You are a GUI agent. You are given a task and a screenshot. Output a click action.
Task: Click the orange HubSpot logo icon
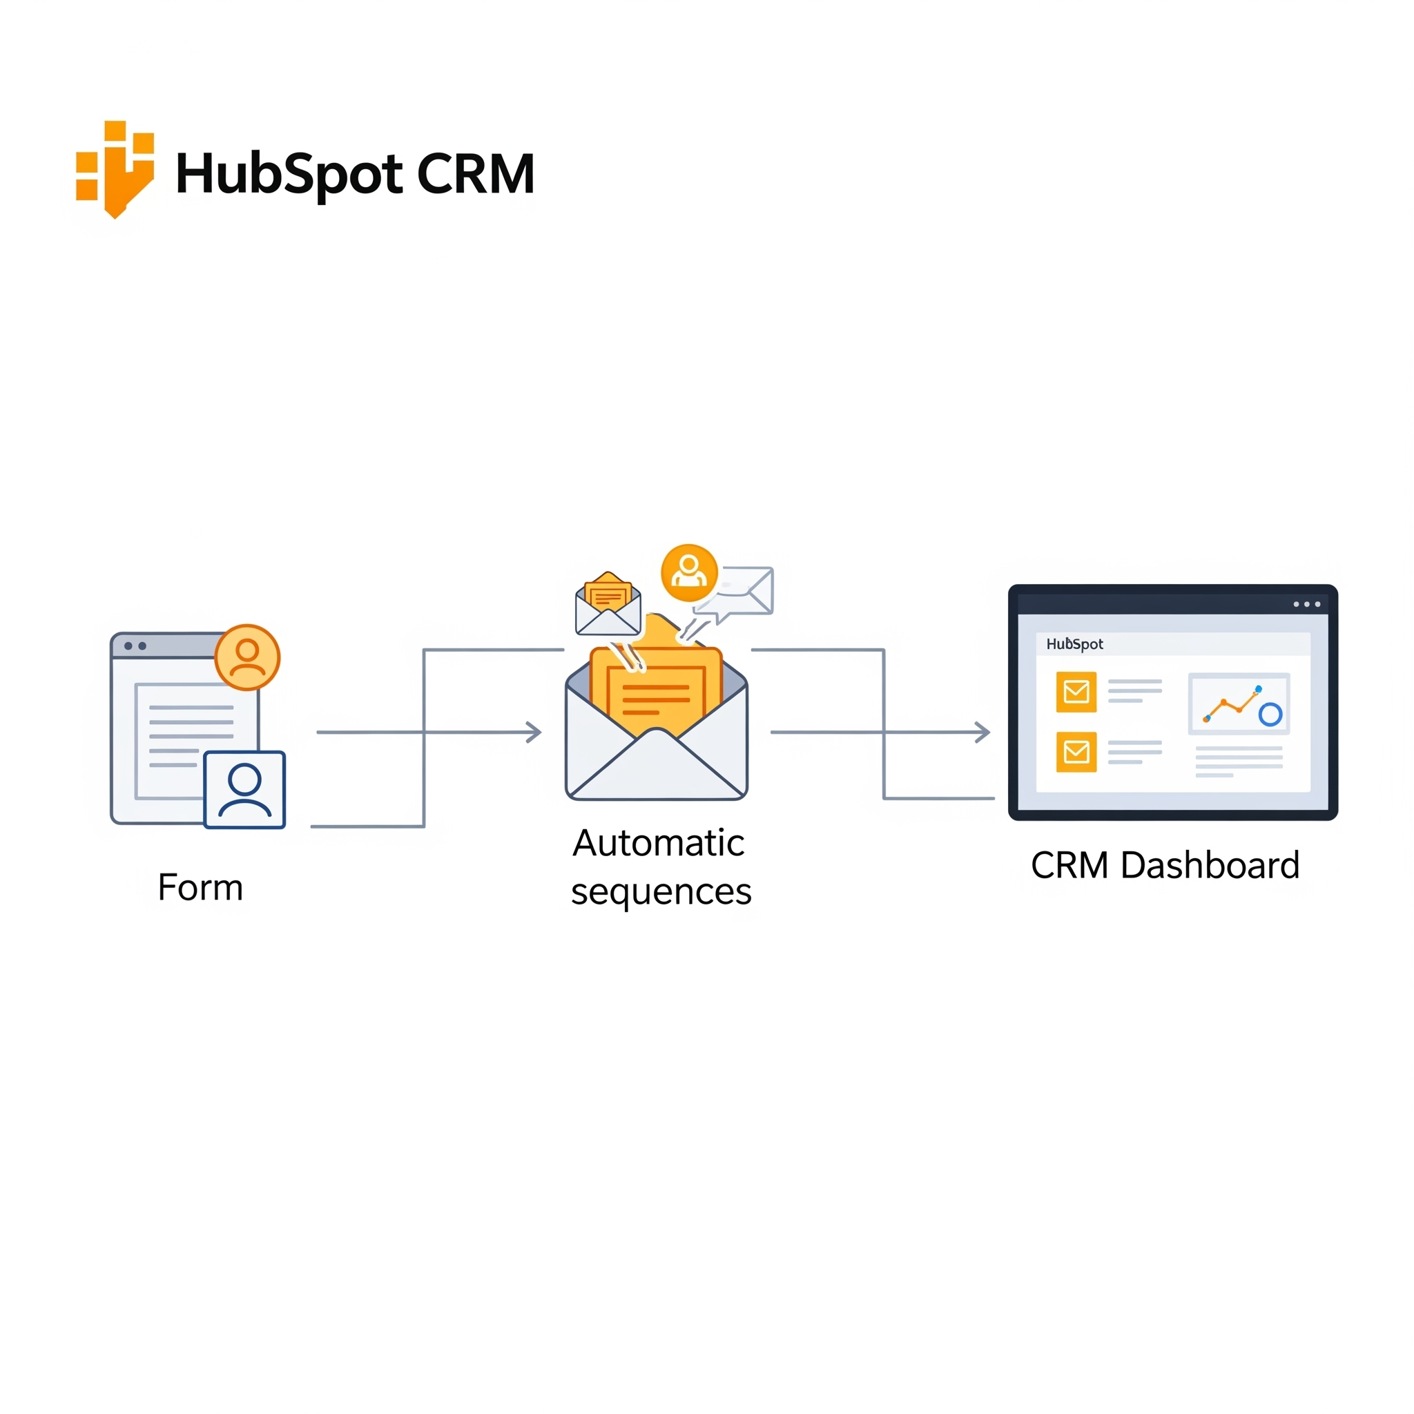(x=115, y=169)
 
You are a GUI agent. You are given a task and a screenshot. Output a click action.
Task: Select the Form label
(x=200, y=887)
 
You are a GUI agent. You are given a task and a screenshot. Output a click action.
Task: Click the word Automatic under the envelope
(x=658, y=842)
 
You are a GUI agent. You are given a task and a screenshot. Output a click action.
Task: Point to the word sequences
(x=661, y=891)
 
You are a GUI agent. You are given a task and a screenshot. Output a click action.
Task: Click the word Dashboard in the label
(x=1210, y=865)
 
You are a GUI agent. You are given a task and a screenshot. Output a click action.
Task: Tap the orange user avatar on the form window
(x=247, y=657)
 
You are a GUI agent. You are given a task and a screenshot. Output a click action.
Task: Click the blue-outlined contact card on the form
(x=244, y=789)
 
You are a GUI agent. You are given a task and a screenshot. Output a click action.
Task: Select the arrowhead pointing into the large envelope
(x=535, y=732)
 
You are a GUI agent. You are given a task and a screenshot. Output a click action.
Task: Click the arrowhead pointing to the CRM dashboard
(x=983, y=732)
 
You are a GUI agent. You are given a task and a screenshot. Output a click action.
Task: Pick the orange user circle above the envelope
(x=688, y=572)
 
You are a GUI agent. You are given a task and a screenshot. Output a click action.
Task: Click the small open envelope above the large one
(x=608, y=605)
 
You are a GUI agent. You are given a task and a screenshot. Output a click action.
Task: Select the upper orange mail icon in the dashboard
(x=1076, y=692)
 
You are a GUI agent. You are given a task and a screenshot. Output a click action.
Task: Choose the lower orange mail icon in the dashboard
(x=1076, y=752)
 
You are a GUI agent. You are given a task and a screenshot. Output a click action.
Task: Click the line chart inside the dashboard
(x=1239, y=704)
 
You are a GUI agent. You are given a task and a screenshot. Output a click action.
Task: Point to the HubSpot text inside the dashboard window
(x=1074, y=644)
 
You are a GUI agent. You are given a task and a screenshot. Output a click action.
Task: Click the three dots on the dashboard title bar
(x=1306, y=605)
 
